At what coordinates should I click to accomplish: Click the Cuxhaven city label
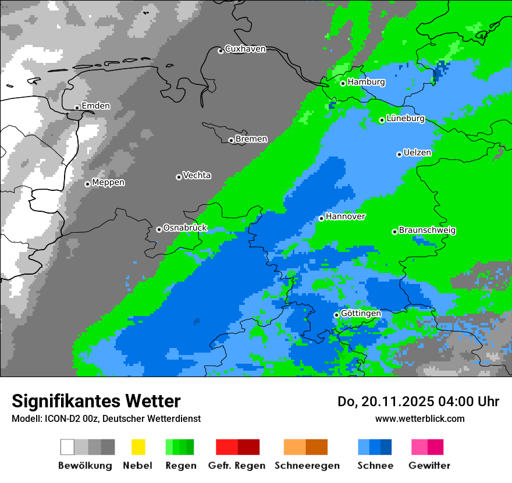coord(245,49)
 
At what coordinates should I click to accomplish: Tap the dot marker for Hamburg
coord(343,83)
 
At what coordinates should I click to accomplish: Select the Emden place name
coord(95,106)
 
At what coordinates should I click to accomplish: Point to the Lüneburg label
coord(406,119)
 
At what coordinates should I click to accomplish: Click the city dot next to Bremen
coord(231,140)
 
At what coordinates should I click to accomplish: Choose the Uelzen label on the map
coord(417,153)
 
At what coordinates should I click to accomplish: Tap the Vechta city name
coord(197,176)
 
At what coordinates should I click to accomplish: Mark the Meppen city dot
coord(87,184)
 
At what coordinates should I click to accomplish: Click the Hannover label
coord(346,216)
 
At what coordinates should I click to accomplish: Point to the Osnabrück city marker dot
coord(159,229)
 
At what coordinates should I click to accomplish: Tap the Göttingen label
coord(361,314)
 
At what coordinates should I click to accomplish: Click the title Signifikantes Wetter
coord(96,401)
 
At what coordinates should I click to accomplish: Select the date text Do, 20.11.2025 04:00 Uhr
coord(418,402)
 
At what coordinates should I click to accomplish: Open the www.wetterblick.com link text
coord(419,418)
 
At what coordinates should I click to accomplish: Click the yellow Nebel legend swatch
coord(138,447)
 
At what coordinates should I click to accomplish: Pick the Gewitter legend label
coord(429,466)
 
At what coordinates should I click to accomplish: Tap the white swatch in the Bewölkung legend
coord(67,447)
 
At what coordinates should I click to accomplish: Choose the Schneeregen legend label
coord(307,466)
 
